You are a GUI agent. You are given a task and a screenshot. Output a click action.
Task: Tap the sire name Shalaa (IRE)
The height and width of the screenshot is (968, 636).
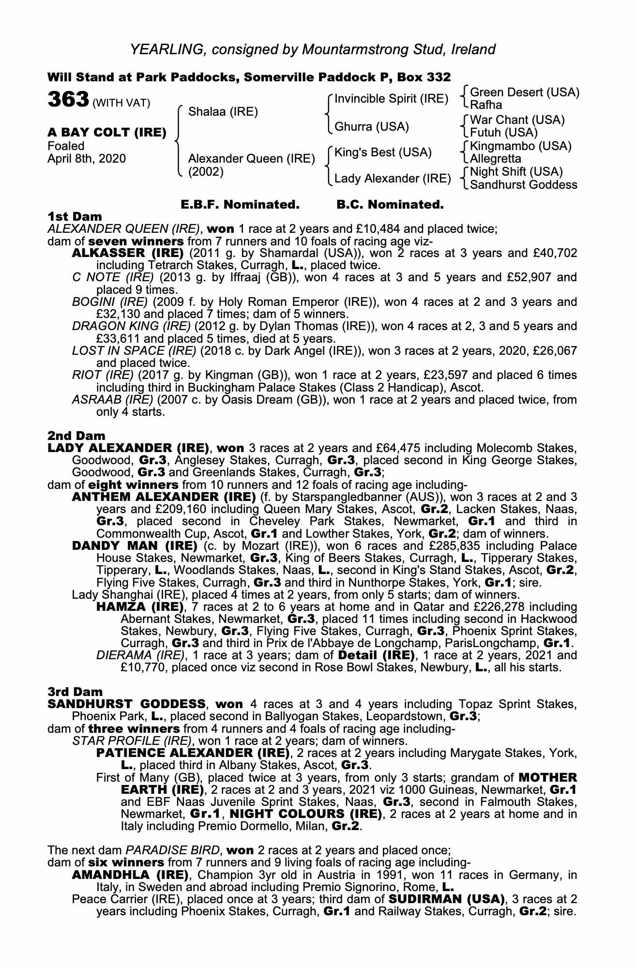pos(223,112)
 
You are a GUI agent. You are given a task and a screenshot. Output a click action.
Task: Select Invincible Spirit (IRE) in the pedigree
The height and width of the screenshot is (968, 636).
pos(391,99)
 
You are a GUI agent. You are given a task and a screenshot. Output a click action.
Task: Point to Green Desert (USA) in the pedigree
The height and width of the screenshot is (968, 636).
pos(525,92)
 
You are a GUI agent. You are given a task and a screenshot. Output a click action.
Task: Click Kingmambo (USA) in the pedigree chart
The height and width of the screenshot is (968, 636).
pos(521,146)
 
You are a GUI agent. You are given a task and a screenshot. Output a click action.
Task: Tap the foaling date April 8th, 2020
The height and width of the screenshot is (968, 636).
pos(87,159)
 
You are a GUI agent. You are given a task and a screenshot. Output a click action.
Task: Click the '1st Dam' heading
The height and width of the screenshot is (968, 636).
pos(75,216)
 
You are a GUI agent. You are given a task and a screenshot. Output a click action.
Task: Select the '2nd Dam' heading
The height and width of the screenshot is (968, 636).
pos(76,436)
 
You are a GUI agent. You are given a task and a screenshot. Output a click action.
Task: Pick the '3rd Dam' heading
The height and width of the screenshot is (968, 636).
pos(76,692)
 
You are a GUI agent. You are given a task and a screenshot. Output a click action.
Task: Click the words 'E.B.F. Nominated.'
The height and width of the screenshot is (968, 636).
pos(240,205)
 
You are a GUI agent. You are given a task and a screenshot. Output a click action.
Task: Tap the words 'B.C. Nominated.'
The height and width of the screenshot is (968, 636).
pos(390,205)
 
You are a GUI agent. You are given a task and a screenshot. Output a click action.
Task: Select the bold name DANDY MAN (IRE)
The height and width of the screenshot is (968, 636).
pos(135,546)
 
